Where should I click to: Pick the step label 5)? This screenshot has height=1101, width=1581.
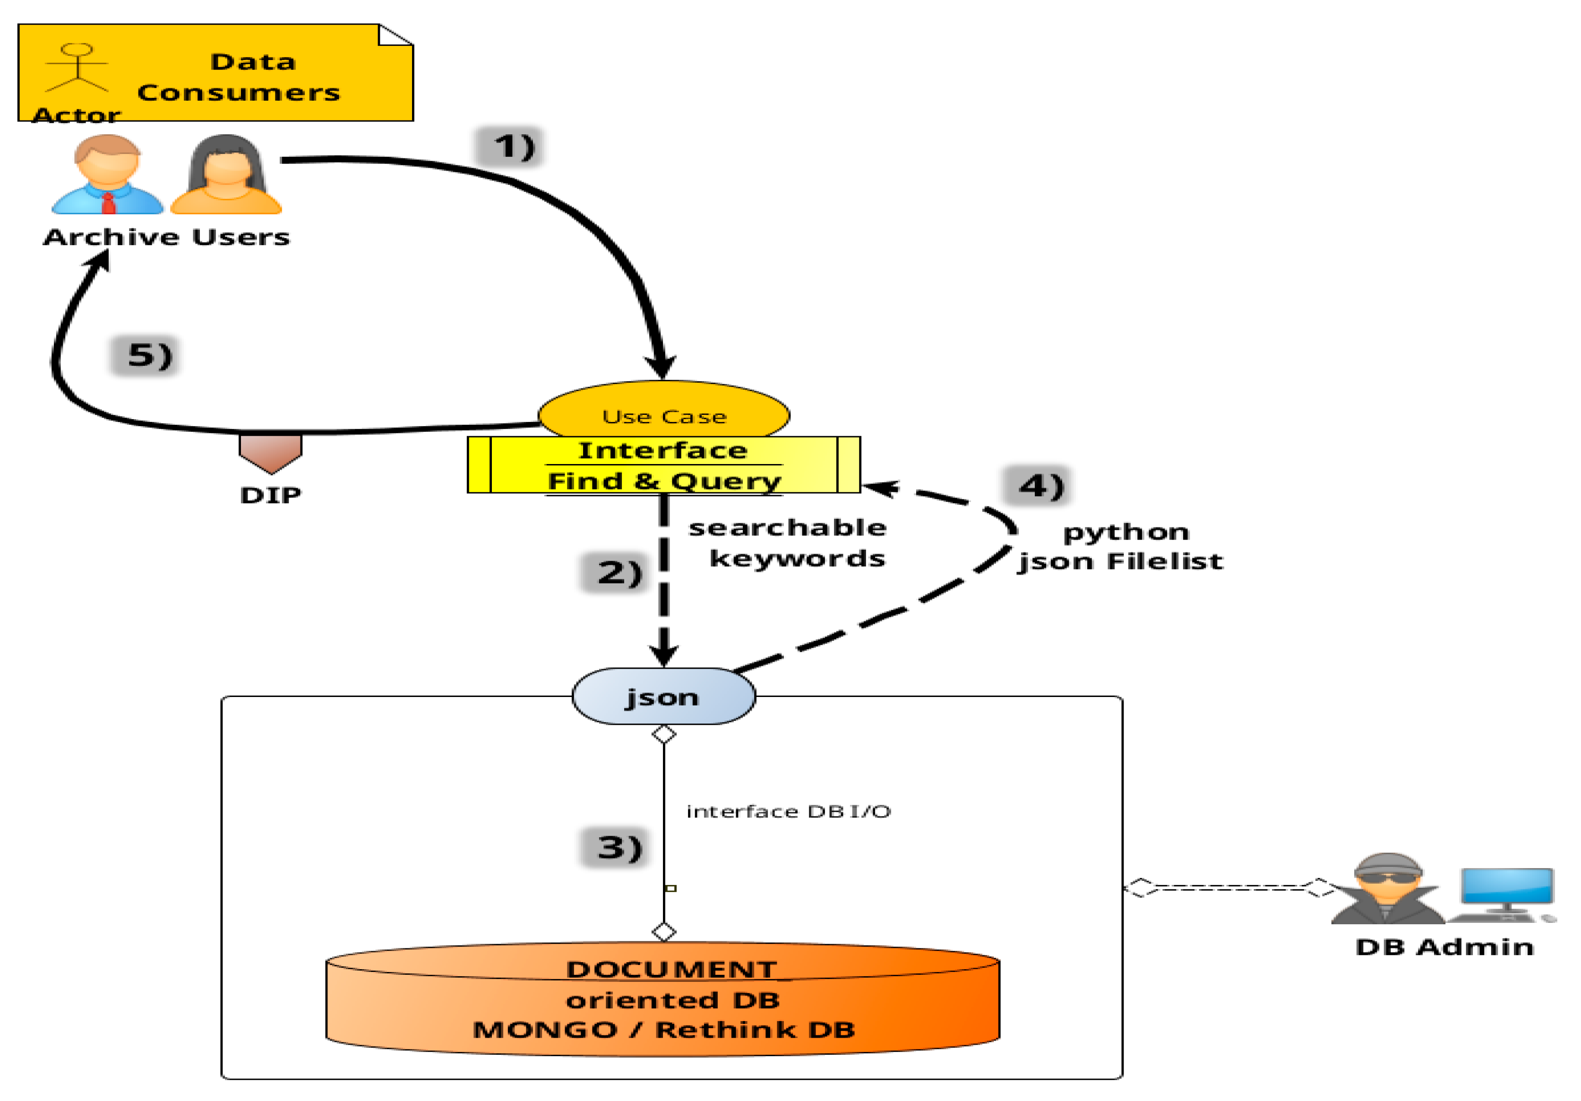(146, 355)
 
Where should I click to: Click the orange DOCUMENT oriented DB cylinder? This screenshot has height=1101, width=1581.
(662, 999)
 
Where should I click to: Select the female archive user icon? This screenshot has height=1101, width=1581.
(226, 175)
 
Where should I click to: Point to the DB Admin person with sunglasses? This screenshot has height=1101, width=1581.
(1387, 889)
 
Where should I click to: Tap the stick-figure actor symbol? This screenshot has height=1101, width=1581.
(77, 68)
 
